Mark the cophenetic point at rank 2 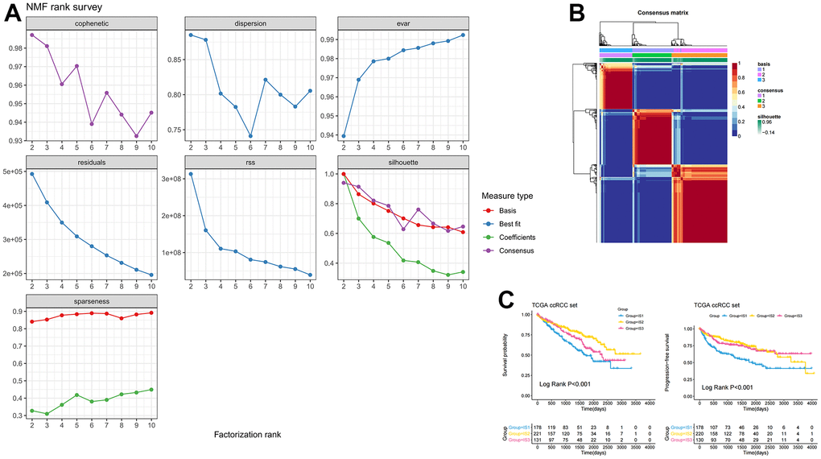31,35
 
